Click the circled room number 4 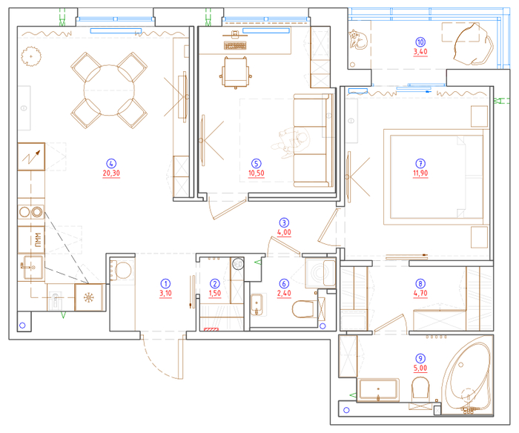(x=111, y=164)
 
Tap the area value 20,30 (x=111, y=173)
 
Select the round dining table (x=109, y=90)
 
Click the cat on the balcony (x=358, y=39)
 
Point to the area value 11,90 (x=420, y=173)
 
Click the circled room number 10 (x=420, y=42)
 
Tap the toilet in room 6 (x=303, y=308)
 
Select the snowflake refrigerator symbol (x=88, y=297)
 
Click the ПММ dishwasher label (x=38, y=239)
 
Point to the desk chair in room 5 (x=235, y=72)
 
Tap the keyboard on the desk (x=235, y=45)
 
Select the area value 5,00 (x=420, y=368)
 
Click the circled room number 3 (x=284, y=222)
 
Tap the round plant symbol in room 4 (x=31, y=56)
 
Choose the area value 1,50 (x=215, y=293)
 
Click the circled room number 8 (x=420, y=284)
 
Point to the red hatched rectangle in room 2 (x=211, y=329)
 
